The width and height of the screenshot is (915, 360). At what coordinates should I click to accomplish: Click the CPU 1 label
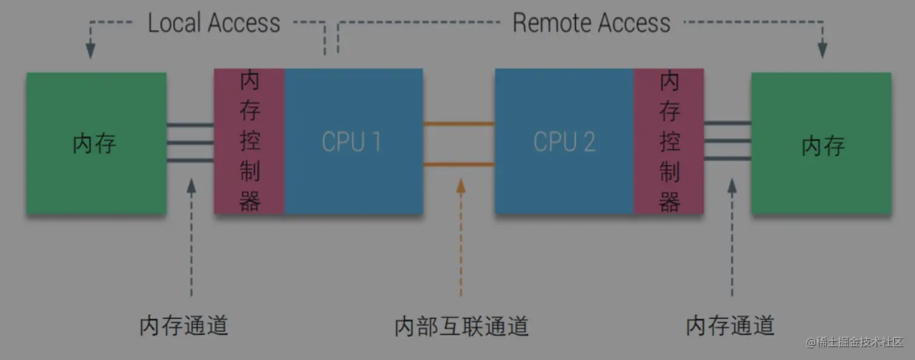(351, 142)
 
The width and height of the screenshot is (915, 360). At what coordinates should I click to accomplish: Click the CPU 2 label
(564, 142)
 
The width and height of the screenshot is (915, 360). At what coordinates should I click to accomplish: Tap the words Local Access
(214, 24)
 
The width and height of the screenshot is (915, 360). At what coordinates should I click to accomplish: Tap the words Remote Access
(591, 24)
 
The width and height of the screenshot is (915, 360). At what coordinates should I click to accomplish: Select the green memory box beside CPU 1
(96, 143)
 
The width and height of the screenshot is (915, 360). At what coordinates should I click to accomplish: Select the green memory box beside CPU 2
(821, 143)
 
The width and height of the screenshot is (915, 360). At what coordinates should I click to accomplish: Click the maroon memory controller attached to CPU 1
(249, 141)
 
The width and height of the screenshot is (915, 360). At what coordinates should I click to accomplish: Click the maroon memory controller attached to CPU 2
(669, 141)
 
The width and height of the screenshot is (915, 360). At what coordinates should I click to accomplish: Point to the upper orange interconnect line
(459, 124)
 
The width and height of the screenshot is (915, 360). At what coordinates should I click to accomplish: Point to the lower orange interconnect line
(459, 164)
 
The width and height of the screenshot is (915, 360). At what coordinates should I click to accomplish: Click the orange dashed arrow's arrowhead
(461, 185)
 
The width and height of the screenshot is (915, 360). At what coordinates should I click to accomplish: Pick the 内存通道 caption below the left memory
(183, 326)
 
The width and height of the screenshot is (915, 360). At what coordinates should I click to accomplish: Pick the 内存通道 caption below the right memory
(730, 326)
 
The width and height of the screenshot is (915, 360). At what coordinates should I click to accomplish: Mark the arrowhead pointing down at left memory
(91, 50)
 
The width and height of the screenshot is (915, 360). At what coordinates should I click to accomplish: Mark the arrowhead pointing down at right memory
(822, 50)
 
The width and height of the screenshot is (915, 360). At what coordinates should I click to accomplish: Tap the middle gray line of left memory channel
(190, 143)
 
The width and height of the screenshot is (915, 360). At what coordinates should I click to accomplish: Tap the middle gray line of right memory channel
(727, 141)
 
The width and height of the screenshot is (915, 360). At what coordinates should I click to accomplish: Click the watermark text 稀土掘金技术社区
(859, 342)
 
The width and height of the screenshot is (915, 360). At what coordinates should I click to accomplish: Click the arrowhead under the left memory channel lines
(191, 185)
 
